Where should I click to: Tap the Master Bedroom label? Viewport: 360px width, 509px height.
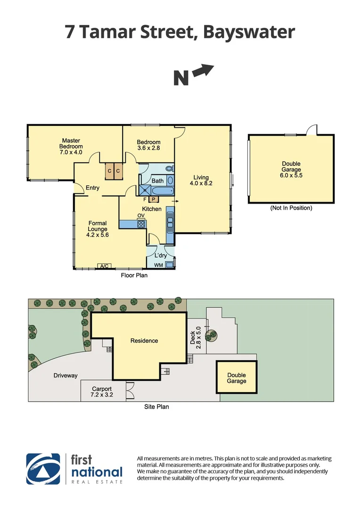coord(71,146)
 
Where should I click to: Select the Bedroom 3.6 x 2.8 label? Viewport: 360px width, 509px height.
coord(148,145)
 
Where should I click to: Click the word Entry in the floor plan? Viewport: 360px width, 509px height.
coord(92,188)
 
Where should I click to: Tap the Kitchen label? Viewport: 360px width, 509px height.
coord(152,209)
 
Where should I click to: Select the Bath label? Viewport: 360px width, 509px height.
coord(157,181)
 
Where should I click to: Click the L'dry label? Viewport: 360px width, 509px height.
coord(161,255)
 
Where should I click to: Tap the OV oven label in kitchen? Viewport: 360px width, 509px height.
coord(140,216)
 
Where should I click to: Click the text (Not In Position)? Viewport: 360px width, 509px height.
coord(291,208)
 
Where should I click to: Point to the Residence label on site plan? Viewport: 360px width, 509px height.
coord(144,341)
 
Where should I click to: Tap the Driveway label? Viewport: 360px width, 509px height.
coord(65,376)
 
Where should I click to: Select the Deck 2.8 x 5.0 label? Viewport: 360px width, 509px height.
coord(195,337)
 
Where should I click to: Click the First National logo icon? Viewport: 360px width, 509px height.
coord(43,468)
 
